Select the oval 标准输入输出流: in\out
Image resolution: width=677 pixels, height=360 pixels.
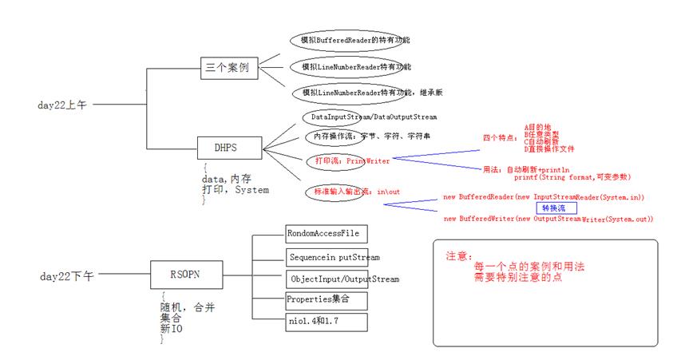[x=346, y=192]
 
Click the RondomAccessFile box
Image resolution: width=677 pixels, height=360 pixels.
[x=326, y=234]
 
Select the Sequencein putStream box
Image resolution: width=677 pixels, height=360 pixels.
[x=334, y=257]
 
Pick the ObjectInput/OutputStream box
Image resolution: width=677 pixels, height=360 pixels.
[x=342, y=279]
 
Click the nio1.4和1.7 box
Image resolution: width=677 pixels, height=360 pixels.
[x=316, y=322]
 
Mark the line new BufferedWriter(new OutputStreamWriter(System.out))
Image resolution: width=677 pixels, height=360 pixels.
[x=548, y=219]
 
